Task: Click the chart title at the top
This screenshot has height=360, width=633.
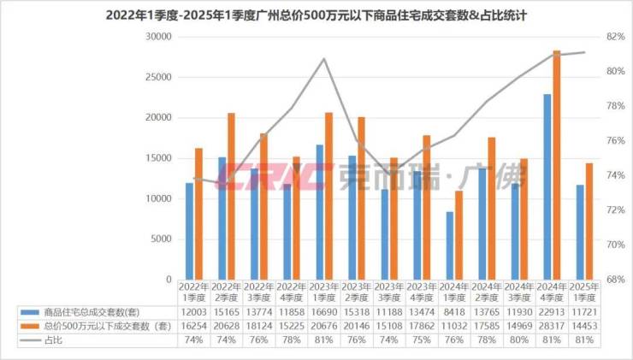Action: pos(316,15)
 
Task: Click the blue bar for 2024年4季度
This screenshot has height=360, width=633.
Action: pos(547,186)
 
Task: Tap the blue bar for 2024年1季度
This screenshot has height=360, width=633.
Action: pos(449,245)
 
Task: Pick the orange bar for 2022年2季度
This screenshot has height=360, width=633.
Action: pos(231,196)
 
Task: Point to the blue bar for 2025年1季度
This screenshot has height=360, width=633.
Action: pos(579,232)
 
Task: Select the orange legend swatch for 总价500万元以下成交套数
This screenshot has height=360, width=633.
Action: pos(29,327)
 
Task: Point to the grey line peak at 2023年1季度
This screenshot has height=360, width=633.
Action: pos(324,59)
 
